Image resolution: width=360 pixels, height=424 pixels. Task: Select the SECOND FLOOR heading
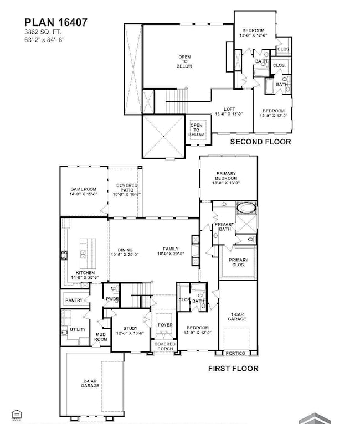260,142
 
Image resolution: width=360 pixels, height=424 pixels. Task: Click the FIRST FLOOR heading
233,368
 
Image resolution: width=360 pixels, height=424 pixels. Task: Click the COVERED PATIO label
127,189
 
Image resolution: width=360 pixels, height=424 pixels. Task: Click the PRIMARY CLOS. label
238,262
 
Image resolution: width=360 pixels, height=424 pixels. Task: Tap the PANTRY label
74,301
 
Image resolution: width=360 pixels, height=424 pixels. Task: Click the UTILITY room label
78,329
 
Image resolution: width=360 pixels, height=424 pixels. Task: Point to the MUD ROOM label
100,337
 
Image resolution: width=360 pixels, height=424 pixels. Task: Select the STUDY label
130,331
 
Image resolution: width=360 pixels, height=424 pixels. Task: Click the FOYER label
165,325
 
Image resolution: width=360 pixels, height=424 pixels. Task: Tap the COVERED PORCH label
165,347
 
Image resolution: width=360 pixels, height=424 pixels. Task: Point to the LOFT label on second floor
230,112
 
